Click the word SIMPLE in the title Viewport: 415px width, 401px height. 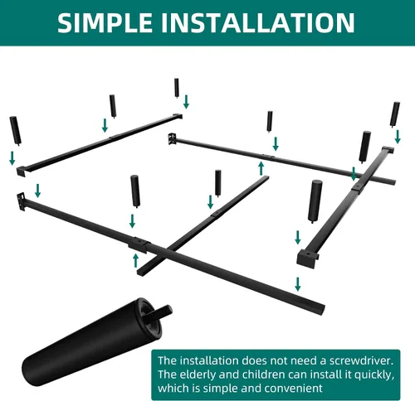(x=105, y=22)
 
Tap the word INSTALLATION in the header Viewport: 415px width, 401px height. (x=258, y=22)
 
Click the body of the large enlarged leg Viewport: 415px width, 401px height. (x=91, y=342)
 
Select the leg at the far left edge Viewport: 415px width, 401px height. (x=16, y=131)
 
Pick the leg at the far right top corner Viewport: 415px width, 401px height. (x=395, y=114)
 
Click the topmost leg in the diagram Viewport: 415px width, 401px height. (x=177, y=88)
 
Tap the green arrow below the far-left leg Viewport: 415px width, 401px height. (x=12, y=158)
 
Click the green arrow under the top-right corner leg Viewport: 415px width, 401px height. (x=398, y=137)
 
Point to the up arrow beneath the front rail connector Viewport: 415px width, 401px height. (x=135, y=261)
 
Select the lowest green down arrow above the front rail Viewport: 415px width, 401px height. (x=298, y=284)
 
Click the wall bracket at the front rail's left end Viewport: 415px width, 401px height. (x=21, y=201)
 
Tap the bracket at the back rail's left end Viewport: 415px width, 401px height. (x=172, y=138)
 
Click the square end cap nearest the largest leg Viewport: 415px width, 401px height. (x=308, y=257)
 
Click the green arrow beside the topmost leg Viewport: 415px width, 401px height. (x=186, y=102)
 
